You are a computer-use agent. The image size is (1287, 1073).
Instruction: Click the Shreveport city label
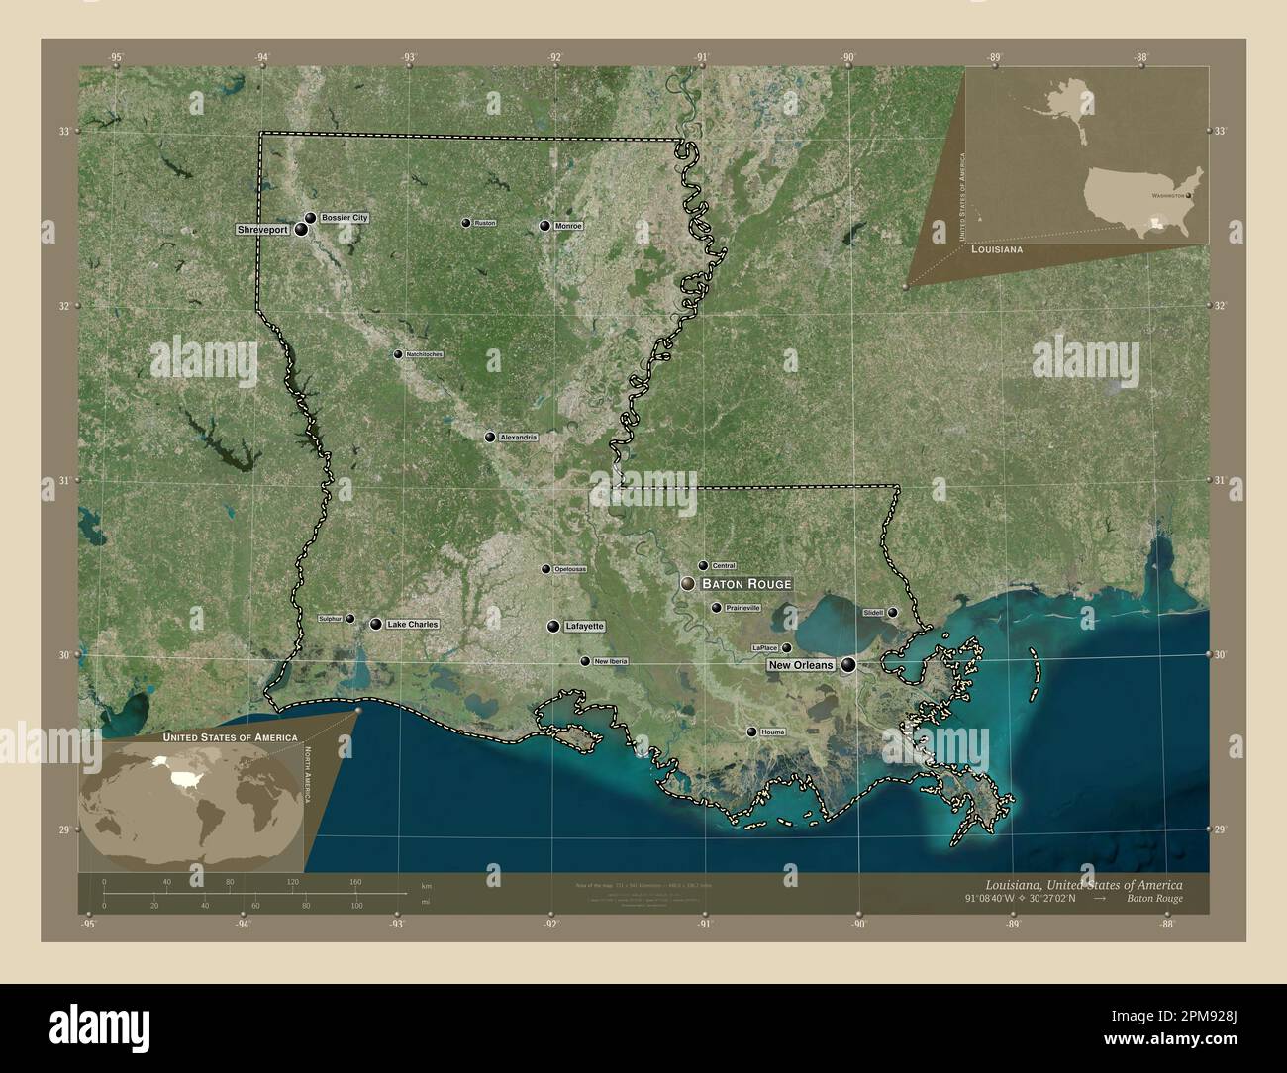pos(262,229)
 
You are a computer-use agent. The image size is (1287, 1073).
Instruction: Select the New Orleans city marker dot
pos(848,665)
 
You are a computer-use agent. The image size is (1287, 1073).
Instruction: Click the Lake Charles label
pos(412,625)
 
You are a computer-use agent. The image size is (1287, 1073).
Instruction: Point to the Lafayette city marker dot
pos(553,627)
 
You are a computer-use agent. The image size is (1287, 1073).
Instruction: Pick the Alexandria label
pos(518,437)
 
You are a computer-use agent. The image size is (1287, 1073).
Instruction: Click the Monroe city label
pos(568,226)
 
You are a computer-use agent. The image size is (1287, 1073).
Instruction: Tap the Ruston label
pos(484,223)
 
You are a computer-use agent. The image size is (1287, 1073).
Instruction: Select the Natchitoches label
pos(425,354)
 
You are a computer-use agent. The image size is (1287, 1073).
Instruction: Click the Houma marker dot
pos(751,732)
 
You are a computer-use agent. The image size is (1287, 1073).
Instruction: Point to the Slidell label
pos(873,613)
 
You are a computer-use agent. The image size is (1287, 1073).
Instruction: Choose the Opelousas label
pos(569,569)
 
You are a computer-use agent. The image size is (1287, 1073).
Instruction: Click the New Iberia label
pos(610,661)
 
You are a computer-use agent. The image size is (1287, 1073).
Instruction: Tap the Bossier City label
pos(345,217)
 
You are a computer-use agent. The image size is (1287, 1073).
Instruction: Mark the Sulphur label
pos(331,618)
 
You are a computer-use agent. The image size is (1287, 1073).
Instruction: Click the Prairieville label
pos(742,608)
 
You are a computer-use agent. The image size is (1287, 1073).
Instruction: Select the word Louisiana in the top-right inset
pos(996,251)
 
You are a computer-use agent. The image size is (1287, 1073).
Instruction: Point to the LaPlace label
pos(765,647)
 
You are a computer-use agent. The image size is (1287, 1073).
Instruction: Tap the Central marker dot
pos(703,566)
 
